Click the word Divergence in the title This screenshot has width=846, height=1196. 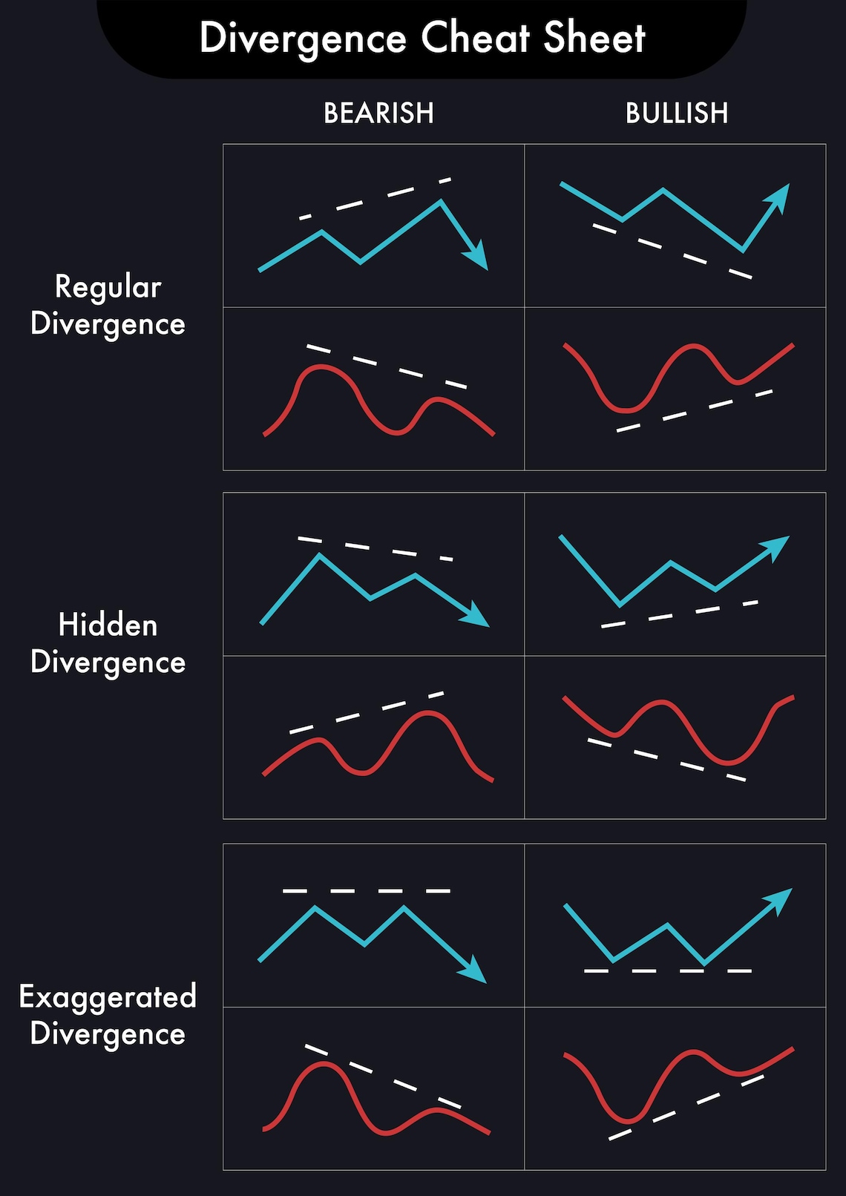point(303,39)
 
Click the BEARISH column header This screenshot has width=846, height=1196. point(378,114)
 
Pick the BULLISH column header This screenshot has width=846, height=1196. point(677,114)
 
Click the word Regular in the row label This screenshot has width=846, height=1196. point(108,287)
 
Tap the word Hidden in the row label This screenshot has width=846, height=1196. point(108,625)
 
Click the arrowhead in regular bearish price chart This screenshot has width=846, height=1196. point(477,257)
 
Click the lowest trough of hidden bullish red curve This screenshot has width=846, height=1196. point(727,763)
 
